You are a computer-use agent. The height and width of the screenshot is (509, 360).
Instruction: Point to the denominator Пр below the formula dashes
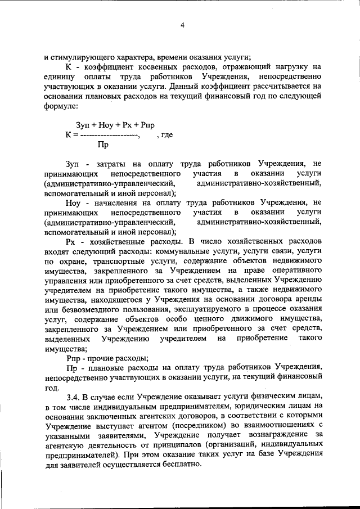coord(103,145)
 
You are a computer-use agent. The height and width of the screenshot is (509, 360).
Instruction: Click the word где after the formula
coord(166,135)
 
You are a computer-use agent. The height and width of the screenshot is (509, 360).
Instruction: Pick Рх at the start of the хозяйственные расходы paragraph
coord(70,242)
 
